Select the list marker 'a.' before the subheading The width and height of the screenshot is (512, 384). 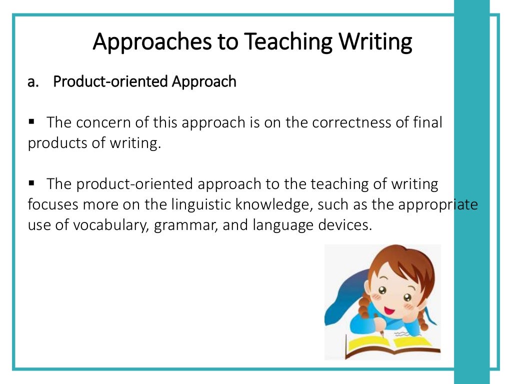[x=33, y=81]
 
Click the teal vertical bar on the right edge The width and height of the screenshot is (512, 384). [x=471, y=200]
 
